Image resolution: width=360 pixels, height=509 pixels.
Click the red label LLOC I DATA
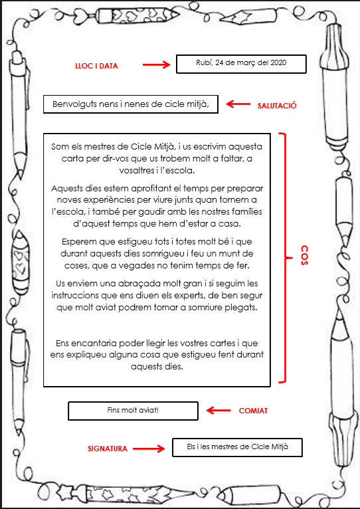point(96,66)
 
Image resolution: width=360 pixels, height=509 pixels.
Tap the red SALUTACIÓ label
point(277,106)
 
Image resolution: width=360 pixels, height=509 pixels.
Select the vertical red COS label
point(304,255)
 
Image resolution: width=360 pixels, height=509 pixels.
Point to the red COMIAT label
point(253,411)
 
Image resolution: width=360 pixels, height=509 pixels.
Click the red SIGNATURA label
point(108,449)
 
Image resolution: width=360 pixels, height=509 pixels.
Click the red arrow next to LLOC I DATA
point(157,65)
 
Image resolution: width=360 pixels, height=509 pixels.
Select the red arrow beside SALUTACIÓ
point(238,104)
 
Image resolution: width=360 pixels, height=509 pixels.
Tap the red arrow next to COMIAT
point(219,410)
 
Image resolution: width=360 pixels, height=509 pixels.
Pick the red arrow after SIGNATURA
point(149,449)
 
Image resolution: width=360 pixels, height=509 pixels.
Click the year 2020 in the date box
point(278,62)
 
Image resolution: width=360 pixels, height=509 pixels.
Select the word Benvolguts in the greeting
point(74,104)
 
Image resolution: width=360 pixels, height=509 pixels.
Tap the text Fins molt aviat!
point(133,410)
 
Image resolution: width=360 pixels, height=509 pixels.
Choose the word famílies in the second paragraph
point(246,212)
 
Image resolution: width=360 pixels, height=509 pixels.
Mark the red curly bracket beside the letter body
point(285,258)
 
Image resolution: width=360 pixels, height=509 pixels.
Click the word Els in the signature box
point(191,447)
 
